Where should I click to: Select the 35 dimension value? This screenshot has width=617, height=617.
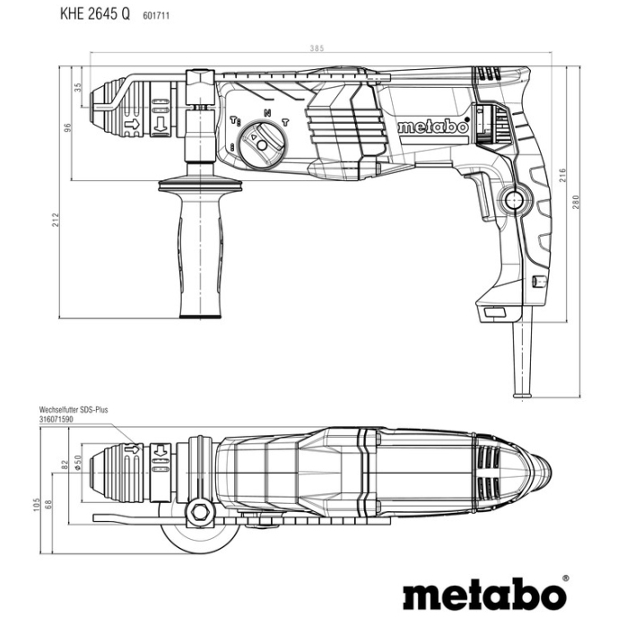coord(78,88)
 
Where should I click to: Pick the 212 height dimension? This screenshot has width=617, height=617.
coord(56,219)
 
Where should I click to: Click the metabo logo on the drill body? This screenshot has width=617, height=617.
coord(432,127)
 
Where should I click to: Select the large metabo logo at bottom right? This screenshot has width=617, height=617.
coord(483,594)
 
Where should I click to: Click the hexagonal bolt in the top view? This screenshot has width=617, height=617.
coord(198,514)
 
